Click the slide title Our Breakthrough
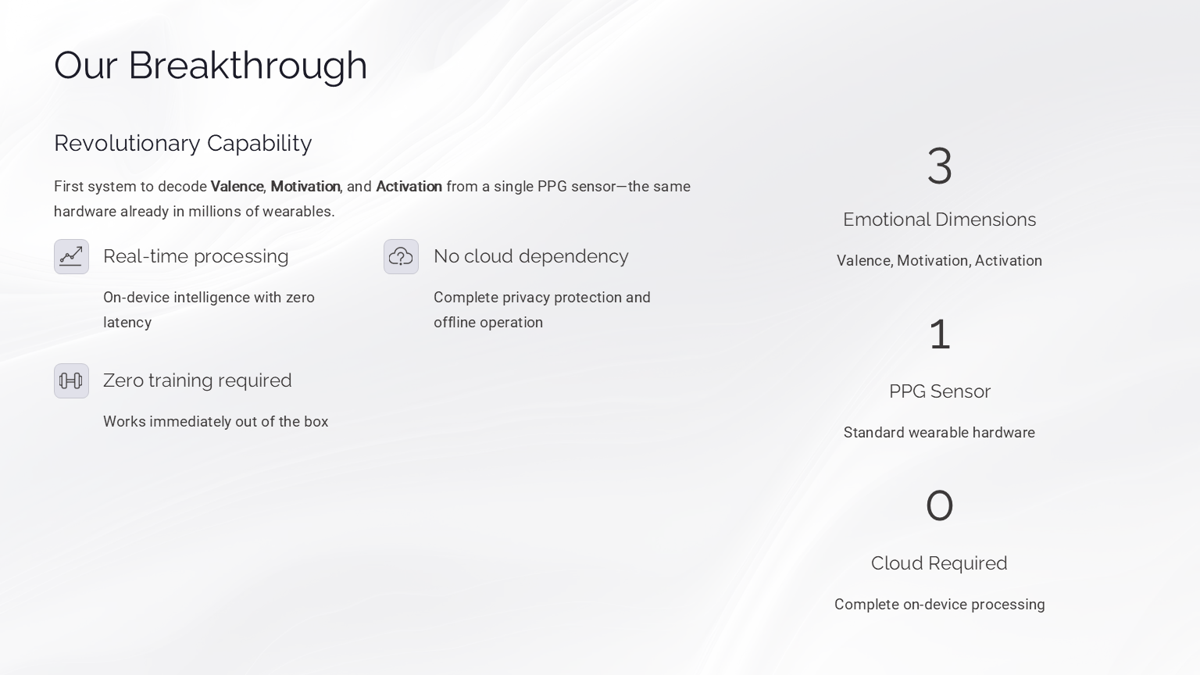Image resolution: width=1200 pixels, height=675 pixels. pos(210,65)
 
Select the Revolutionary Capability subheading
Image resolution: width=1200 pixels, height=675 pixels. pos(183,143)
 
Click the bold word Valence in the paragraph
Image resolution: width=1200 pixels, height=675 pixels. pos(237,187)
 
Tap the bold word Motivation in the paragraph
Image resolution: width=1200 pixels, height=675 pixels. pos(305,187)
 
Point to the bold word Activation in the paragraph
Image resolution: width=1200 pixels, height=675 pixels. pos(409,187)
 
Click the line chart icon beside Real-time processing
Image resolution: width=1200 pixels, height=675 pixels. pos(71,256)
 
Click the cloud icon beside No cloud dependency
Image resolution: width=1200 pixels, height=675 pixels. pos(401,256)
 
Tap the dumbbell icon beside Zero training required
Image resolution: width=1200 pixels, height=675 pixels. pos(71,380)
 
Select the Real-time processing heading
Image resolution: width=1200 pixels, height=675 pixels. pos(195,256)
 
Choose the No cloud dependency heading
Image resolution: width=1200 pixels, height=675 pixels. pos(530,256)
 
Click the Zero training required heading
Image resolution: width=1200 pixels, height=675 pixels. pos(197,380)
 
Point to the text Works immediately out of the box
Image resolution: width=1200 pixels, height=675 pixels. pos(216,422)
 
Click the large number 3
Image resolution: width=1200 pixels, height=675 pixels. pos(939,166)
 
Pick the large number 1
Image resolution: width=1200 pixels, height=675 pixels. pos(939,334)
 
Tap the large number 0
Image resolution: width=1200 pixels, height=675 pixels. pos(939,505)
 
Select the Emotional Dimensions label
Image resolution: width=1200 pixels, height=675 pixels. pos(939,220)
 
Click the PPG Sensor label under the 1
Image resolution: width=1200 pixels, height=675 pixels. pos(939,391)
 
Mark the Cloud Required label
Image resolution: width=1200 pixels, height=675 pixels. pos(939,563)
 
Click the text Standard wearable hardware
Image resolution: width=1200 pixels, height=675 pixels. pos(939,433)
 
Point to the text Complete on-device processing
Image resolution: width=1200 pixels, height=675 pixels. pos(939,605)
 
